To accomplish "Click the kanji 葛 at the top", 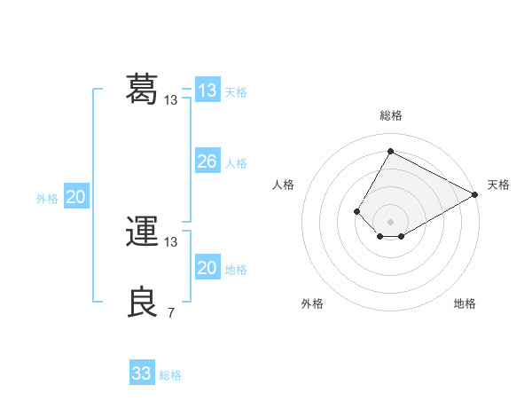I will coord(142,89).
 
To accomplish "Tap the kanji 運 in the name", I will coord(142,232).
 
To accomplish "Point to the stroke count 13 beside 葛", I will coord(171,100).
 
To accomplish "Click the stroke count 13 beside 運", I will coord(171,241).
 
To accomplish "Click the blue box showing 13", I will coord(207,90).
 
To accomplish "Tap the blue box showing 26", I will coord(207,161).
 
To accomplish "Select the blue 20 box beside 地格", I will coord(207,268).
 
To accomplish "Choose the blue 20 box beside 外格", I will coord(75,197).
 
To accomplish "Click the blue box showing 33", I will coord(142,374).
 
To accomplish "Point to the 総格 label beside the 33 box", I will coord(170,375).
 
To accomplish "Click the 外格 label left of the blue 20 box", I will coord(47,199).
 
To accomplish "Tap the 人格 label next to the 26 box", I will coord(236,163).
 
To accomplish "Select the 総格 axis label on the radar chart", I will coord(390,116).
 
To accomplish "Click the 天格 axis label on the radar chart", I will coord(498,185).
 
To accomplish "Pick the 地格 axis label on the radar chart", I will coord(465,303).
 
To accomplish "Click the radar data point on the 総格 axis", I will coord(390,151).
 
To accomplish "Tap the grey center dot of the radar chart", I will coord(390,222).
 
